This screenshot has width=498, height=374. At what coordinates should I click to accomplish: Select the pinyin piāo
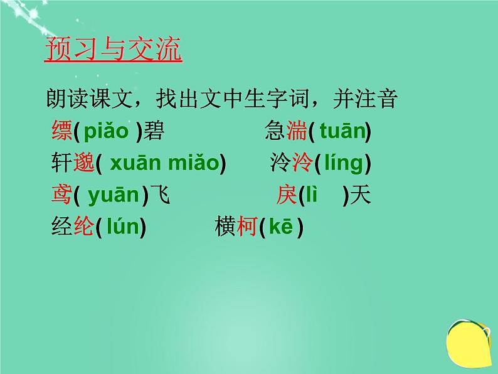pyautogui.click(x=105, y=132)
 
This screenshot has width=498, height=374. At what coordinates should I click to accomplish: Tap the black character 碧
pyautogui.click(x=154, y=132)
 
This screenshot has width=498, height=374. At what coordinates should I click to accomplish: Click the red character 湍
pyautogui.click(x=295, y=132)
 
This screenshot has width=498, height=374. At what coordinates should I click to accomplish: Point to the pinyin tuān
pyautogui.click(x=342, y=132)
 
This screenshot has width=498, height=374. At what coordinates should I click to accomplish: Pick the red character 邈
pyautogui.click(x=84, y=164)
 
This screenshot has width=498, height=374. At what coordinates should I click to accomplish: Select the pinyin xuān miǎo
pyautogui.click(x=164, y=164)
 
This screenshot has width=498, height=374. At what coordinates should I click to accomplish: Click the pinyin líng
pyautogui.click(x=342, y=164)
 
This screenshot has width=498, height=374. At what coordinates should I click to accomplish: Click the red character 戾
pyautogui.click(x=287, y=196)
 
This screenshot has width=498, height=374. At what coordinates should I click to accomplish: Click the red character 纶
pyautogui.click(x=84, y=227)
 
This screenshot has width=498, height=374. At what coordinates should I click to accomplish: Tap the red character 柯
pyautogui.click(x=247, y=227)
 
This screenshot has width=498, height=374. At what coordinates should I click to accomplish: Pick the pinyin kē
pyautogui.click(x=280, y=228)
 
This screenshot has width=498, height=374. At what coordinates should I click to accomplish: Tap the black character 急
pyautogui.click(x=275, y=132)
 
